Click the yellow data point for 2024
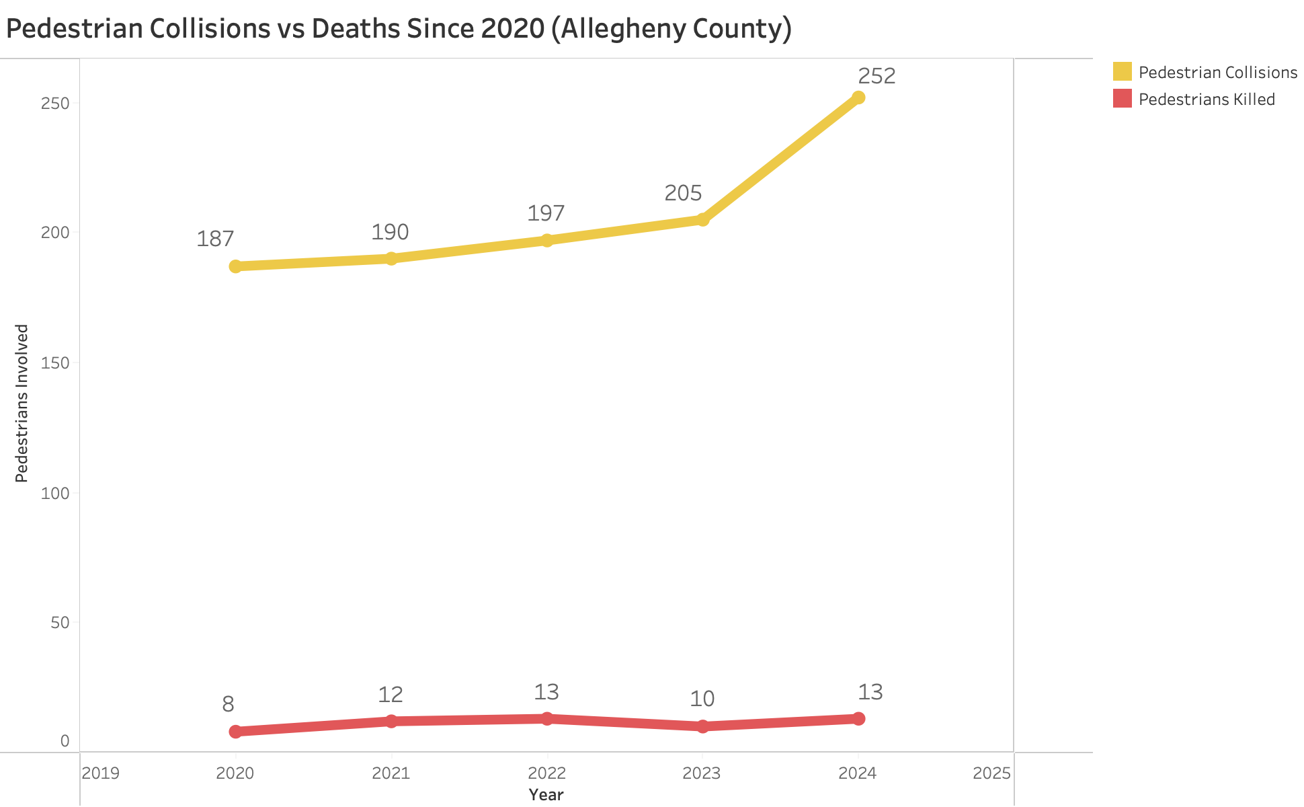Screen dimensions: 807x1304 [858, 98]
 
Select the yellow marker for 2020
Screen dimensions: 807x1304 [235, 266]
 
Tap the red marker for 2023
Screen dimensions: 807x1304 [702, 726]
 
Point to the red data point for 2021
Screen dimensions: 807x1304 [391, 721]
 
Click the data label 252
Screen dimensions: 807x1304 [877, 76]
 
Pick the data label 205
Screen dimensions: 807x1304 [683, 193]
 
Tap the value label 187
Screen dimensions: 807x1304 [215, 239]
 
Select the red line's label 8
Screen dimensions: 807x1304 [228, 704]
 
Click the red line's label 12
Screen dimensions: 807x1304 [390, 694]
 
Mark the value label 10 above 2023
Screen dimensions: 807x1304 [702, 699]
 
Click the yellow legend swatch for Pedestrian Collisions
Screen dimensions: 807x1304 [1122, 72]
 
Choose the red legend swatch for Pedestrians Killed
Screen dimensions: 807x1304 [1122, 99]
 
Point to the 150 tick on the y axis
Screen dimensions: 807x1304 [55, 363]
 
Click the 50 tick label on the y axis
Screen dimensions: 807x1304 [60, 623]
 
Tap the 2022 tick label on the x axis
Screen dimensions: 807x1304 [546, 773]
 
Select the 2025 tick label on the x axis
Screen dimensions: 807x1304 [991, 773]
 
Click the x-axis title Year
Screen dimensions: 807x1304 [546, 795]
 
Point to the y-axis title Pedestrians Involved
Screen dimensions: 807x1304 [22, 403]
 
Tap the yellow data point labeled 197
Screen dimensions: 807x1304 [547, 240]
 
